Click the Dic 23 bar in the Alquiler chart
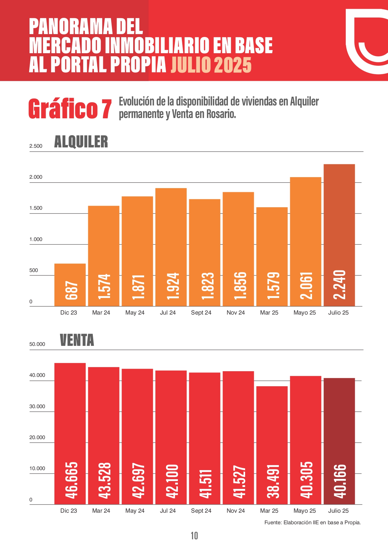point(70,285)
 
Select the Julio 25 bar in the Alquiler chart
point(339,235)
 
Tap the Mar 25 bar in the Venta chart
point(272,444)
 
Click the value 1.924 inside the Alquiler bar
point(173,286)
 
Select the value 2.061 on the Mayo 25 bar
point(306,285)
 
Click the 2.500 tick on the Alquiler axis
point(36,146)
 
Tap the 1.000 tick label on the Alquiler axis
point(36,239)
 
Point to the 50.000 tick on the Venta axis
point(37,344)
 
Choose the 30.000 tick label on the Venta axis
point(37,407)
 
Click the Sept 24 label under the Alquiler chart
point(201,313)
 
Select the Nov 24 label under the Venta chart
point(236,511)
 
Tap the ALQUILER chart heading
point(81,142)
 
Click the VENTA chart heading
point(77,340)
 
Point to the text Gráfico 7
point(70,109)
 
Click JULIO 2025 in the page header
point(211,65)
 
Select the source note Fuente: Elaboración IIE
point(312,522)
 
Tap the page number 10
point(194,536)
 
